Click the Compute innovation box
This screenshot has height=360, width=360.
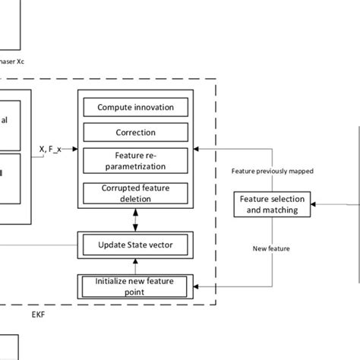click(135, 107)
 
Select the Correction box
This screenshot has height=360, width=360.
click(135, 132)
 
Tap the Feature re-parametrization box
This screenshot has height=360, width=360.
click(135, 160)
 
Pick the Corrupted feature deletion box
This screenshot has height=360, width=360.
click(135, 193)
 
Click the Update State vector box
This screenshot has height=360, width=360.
click(135, 245)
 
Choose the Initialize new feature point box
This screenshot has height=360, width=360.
click(135, 286)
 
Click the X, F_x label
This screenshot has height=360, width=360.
click(51, 149)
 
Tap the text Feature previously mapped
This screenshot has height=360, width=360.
click(272, 171)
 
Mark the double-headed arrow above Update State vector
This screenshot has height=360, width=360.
click(136, 220)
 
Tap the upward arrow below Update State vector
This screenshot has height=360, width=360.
click(136, 265)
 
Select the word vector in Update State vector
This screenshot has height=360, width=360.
click(166, 245)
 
